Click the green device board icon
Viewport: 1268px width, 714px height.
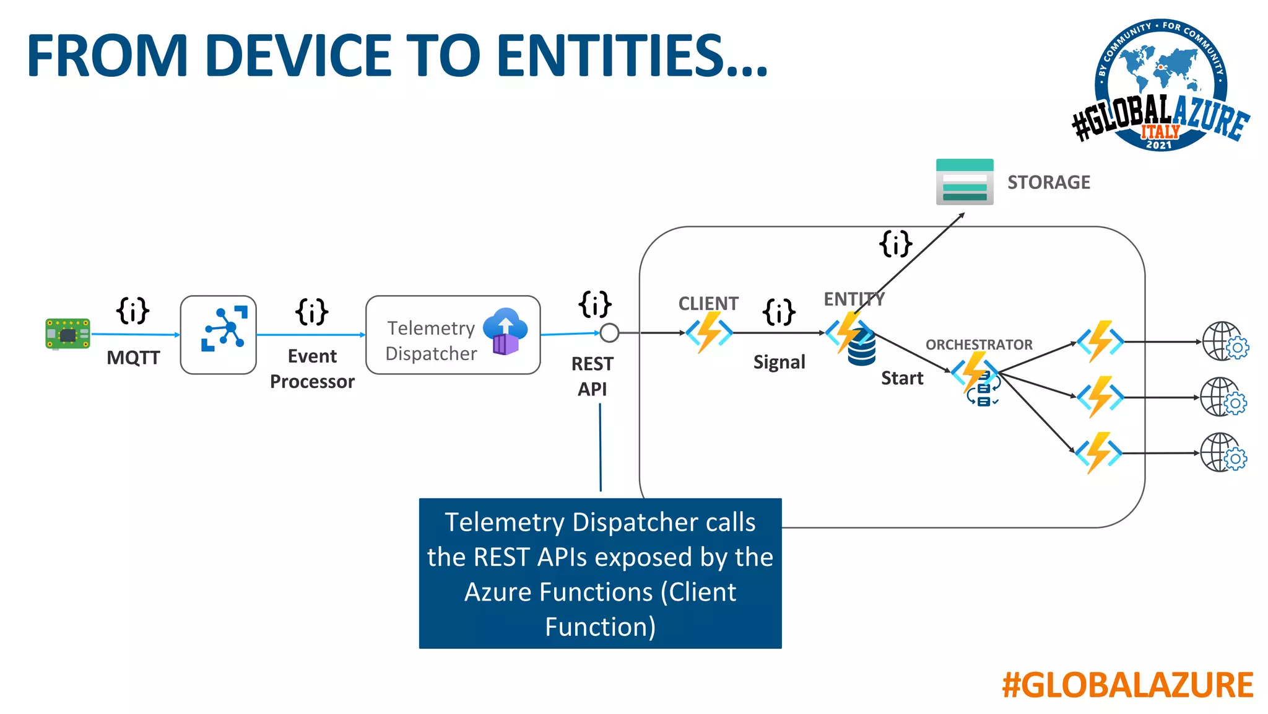coord(67,334)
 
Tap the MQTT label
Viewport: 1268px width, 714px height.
coord(133,358)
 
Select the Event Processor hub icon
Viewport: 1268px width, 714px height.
coord(224,329)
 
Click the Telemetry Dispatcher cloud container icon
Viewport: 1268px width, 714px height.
coord(505,331)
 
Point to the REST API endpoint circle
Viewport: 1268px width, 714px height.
coord(609,333)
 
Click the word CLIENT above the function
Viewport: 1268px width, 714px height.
coord(708,303)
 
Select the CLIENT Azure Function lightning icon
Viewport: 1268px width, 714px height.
coord(709,332)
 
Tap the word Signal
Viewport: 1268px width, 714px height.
coord(779,362)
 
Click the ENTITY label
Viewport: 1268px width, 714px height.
coord(854,299)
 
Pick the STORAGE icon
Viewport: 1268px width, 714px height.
coord(965,182)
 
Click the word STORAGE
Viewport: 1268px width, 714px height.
coord(1048,182)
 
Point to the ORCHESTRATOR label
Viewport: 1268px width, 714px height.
coord(979,345)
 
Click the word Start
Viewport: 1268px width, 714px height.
coord(902,378)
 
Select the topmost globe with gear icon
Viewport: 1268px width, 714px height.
coord(1225,342)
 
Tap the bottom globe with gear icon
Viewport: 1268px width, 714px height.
coord(1223,452)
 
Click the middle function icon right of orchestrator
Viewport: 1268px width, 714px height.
coord(1100,397)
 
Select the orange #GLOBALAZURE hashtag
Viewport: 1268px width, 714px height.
coord(1127,685)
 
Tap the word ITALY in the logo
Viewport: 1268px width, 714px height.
coord(1160,131)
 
